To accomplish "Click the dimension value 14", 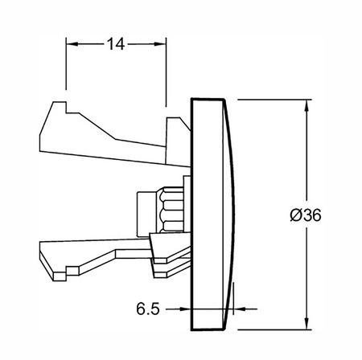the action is click(116, 44).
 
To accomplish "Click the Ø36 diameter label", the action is click(306, 215).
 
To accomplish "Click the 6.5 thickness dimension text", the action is click(148, 309).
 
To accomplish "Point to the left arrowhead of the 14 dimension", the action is click(72, 43).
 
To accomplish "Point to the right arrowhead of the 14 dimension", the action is click(160, 43).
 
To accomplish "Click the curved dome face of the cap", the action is click(228, 215).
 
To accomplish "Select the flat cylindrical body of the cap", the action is click(207, 215).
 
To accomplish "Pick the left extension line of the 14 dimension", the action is click(66, 63).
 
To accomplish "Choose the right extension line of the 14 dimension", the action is click(167, 72).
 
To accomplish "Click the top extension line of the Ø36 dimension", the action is click(274, 100).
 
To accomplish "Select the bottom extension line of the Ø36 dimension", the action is click(274, 329).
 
